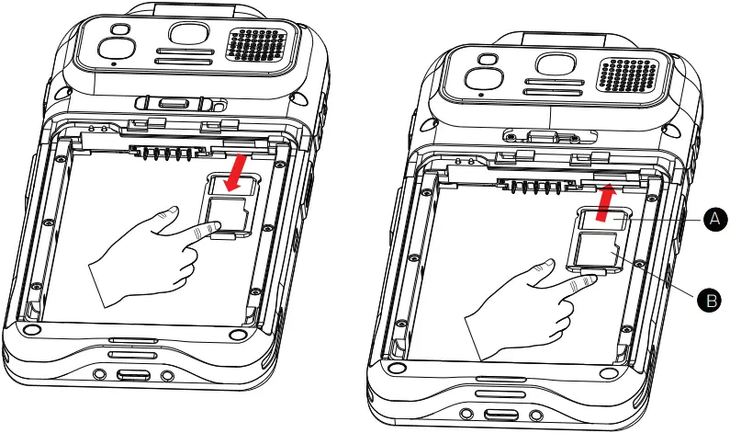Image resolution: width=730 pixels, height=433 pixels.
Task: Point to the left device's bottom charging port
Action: pos(132,376)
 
